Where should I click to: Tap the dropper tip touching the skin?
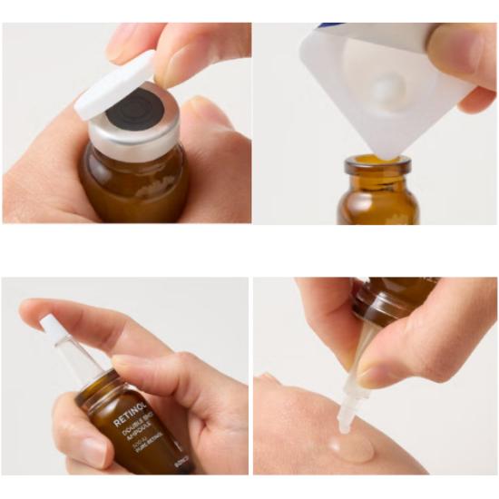pyautogui.click(x=346, y=420)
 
